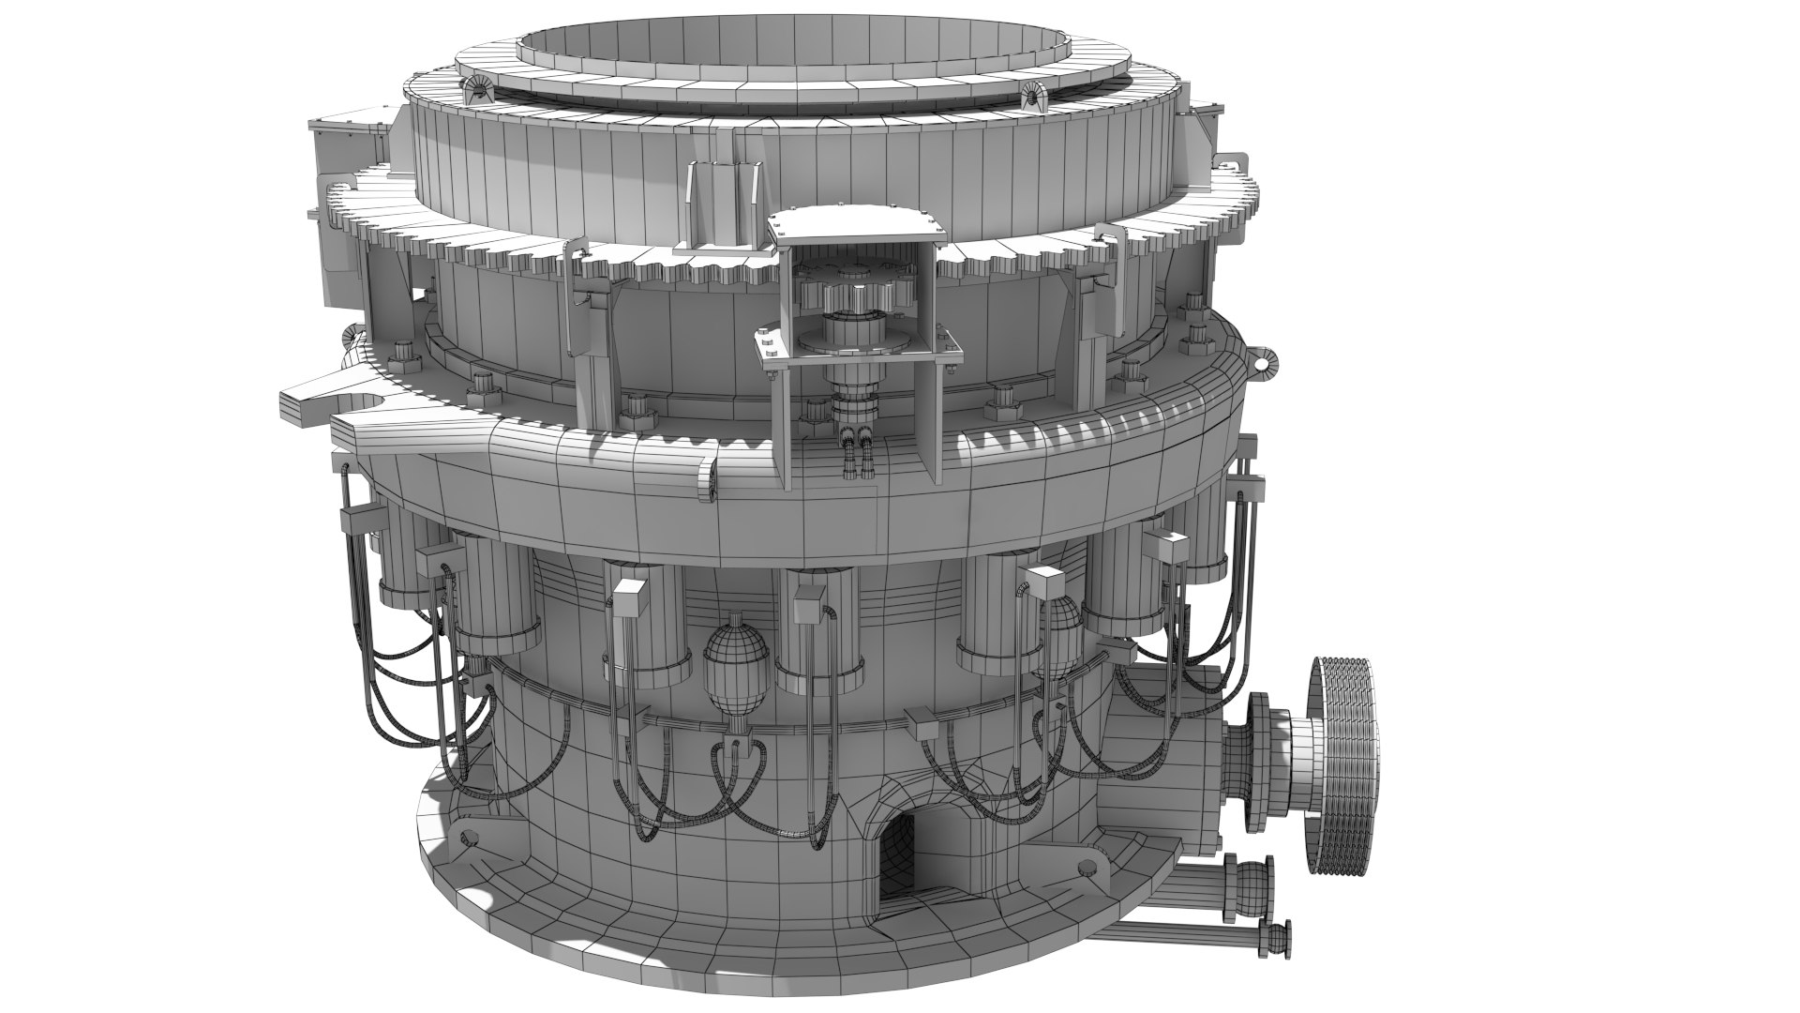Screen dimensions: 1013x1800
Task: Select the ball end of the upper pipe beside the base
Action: (x=1251, y=883)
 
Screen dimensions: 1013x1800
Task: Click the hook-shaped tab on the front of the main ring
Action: (x=707, y=478)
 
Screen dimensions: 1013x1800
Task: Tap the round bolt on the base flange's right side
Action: (x=1087, y=865)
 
